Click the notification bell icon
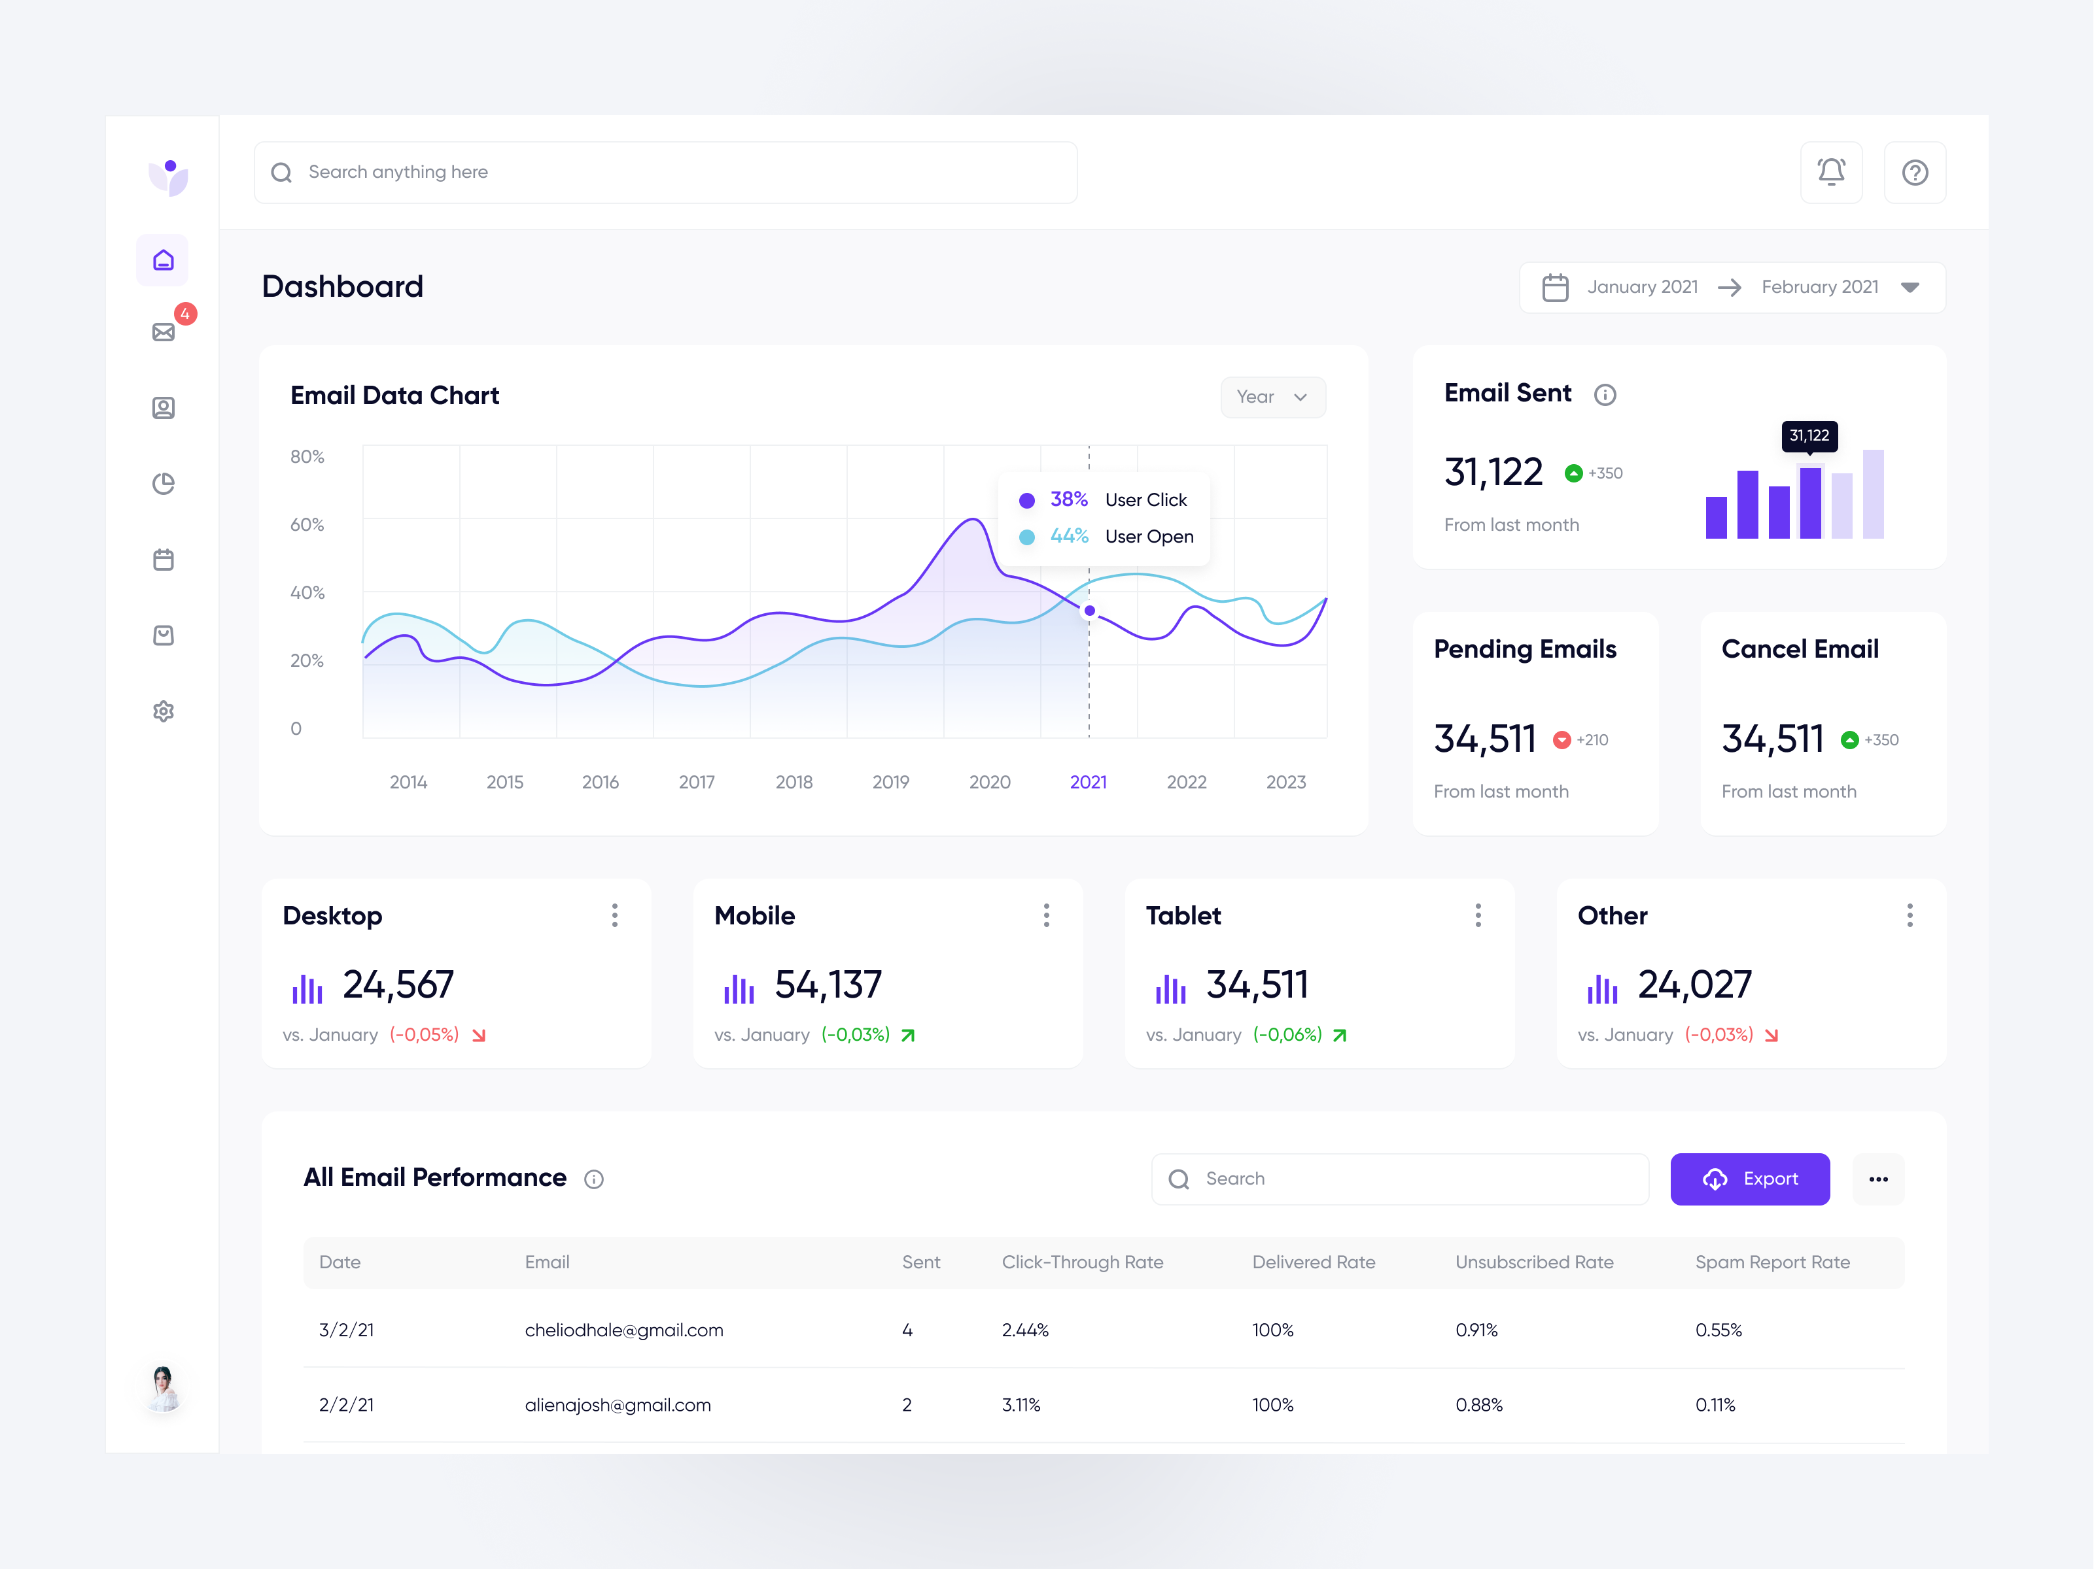1831,172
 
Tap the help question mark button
1914,172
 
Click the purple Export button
1749,1178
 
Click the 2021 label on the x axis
1088,782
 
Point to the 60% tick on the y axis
307,524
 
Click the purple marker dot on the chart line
1090,611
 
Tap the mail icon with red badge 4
164,331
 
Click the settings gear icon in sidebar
164,711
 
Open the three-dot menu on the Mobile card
1046,915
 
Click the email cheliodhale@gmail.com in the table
624,1330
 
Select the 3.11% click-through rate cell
1021,1404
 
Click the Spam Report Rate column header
1772,1262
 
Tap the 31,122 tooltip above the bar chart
1808,435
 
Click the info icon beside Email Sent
1605,395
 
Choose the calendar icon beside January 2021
1554,287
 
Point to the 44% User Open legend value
1069,537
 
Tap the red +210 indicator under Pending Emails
1581,740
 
